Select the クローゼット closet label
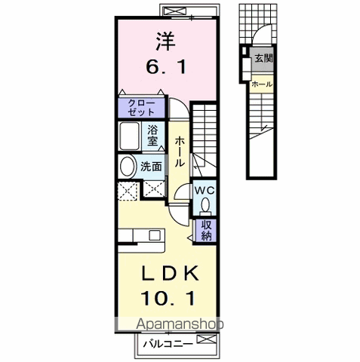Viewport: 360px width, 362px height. [x=140, y=106]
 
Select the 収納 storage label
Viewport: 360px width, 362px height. [x=206, y=230]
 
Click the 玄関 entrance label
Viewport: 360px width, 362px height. [x=261, y=59]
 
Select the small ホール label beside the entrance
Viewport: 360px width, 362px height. [x=262, y=83]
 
